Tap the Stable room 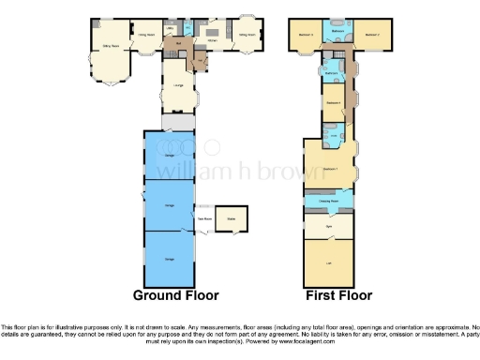tap(231, 221)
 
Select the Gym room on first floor tap(328, 226)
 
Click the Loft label tap(328, 262)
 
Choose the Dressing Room tap(328, 199)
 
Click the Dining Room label tap(145, 35)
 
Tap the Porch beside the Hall tap(200, 61)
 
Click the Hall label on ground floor tap(178, 44)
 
